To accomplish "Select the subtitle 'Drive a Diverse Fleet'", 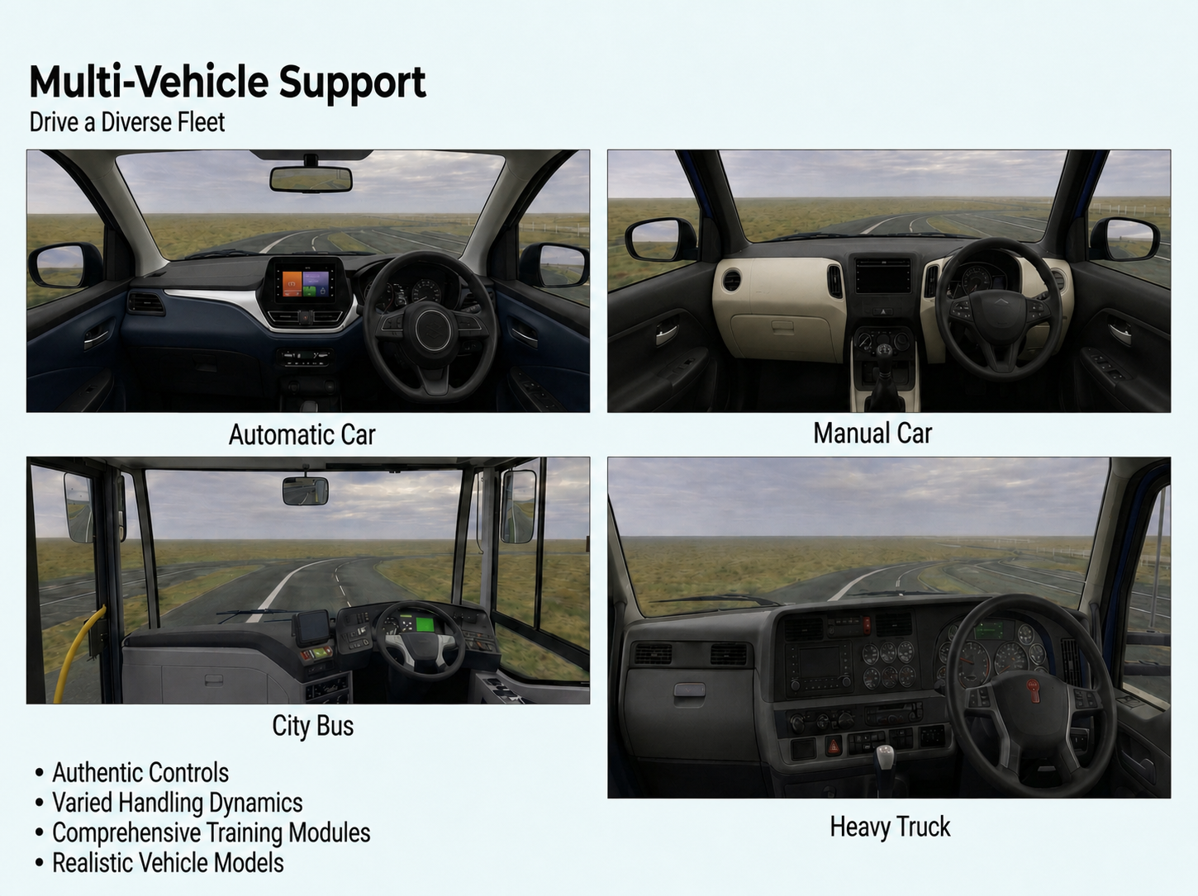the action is pos(126,122).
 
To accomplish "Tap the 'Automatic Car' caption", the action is pos(302,435).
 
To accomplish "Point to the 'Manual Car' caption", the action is pos(872,434).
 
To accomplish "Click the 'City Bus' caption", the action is pos(313,727).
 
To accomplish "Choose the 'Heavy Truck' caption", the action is pos(890,827).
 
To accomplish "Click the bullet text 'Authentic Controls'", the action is pos(140,773).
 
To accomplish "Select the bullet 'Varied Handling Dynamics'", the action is pos(178,804).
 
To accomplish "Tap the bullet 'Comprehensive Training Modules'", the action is pos(212,833).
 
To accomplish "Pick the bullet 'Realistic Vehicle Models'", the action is pos(168,863).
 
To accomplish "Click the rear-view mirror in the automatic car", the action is pos(311,179).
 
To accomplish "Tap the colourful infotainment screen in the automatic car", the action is pos(305,282).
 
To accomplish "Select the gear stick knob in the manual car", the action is pos(883,349).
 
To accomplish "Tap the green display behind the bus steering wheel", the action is pos(425,624).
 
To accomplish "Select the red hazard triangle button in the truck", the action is pos(834,746).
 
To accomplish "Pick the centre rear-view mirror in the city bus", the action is pos(305,491).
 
